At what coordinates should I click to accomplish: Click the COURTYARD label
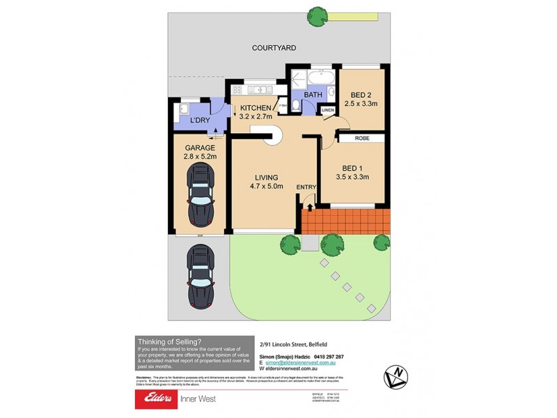coord(274,48)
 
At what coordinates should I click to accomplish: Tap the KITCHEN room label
coord(256,107)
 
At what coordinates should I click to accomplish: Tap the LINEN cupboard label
coord(328,110)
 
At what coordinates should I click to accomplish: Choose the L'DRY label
coord(201,121)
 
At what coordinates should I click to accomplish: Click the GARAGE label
coord(200,148)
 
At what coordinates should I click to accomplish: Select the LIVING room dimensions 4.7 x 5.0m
coord(267,186)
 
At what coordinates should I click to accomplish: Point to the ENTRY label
coord(306,187)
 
